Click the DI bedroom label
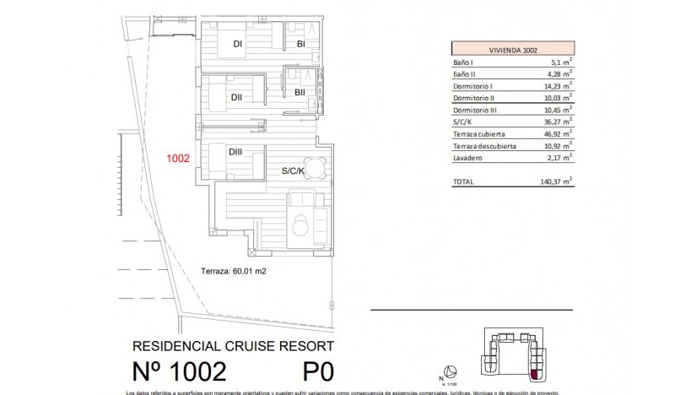[x=238, y=44]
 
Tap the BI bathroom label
[x=300, y=44]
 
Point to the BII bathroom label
[x=300, y=93]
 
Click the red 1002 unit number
[x=177, y=157]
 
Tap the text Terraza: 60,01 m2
[x=233, y=271]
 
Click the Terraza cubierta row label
[x=481, y=133]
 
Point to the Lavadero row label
[x=468, y=157]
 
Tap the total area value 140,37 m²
[x=557, y=181]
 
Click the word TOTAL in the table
[x=464, y=181]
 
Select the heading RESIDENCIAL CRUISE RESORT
[x=234, y=346]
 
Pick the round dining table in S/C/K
[x=315, y=165]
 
